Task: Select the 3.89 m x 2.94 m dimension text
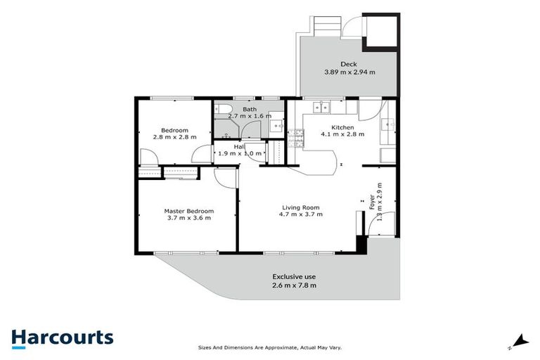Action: click(349, 72)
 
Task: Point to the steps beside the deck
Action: click(326, 27)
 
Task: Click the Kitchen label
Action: click(334, 127)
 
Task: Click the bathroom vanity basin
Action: click(276, 125)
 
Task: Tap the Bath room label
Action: click(250, 109)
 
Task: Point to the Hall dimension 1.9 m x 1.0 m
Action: click(240, 153)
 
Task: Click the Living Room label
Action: click(301, 207)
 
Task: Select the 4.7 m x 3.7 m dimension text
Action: click(301, 216)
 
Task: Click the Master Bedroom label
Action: click(188, 211)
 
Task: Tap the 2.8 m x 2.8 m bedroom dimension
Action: click(174, 137)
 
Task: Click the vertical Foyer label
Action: click(372, 201)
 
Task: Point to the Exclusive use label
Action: click(294, 276)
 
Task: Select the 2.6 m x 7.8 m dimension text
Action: click(294, 285)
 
